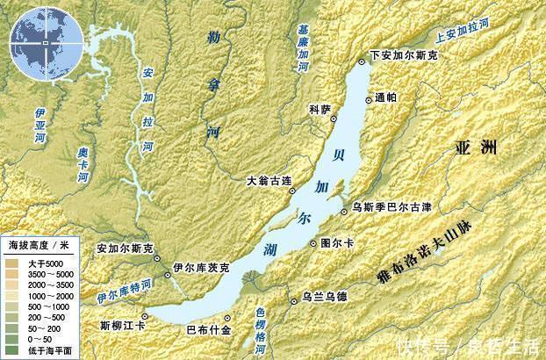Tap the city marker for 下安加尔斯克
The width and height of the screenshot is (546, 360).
[x=363, y=61]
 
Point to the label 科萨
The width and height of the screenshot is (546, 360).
[x=320, y=109]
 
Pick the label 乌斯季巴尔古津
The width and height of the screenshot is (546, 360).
[x=391, y=208]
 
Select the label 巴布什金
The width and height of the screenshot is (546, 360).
[x=209, y=329]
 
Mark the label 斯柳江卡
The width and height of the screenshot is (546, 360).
[x=123, y=325]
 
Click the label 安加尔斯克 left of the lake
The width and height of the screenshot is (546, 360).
[x=125, y=248]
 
